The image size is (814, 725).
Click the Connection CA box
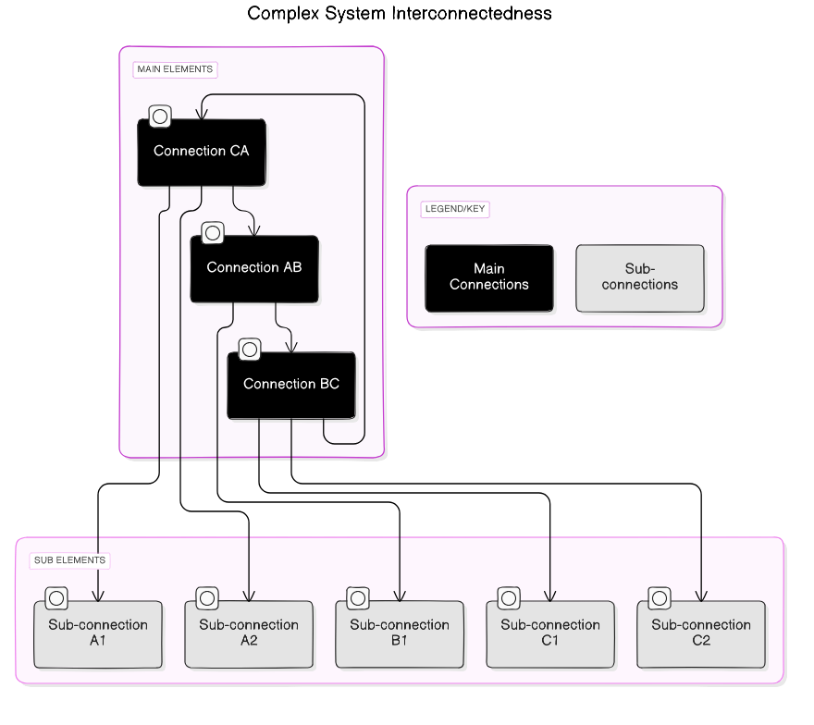coord(202,153)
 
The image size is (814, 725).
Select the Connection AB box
coord(254,269)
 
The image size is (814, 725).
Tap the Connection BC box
coord(291,385)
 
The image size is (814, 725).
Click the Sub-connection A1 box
coord(98,634)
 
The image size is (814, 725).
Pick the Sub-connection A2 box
coord(249,634)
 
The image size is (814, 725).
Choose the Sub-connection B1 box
coord(400,634)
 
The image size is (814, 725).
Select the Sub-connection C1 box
coord(550,634)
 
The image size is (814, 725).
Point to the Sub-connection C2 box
coord(701,634)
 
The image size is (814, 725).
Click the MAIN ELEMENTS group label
coord(175,69)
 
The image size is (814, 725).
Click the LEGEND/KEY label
coord(454,209)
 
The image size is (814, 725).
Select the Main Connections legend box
coord(489,277)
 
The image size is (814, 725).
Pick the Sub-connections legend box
coord(640,277)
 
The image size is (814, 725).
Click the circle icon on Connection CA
coord(160,117)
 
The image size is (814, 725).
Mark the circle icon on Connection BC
coord(250,350)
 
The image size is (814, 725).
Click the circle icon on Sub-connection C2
coord(660,598)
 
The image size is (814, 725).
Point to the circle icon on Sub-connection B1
coord(358,598)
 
